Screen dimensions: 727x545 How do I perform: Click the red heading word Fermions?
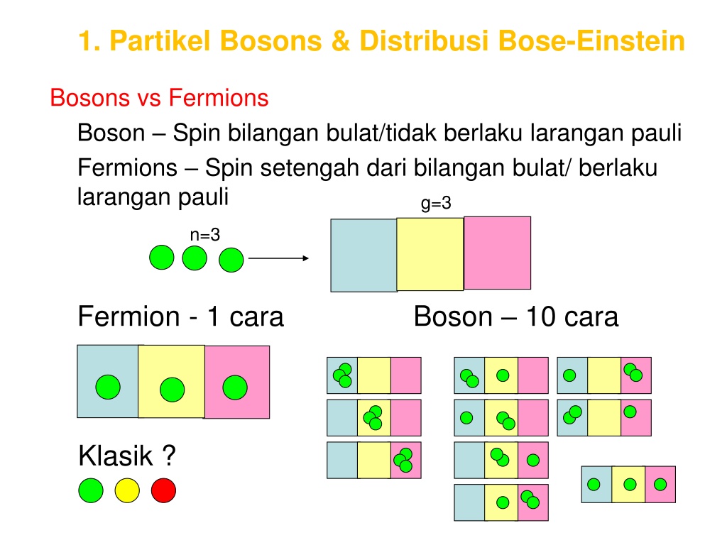click(219, 98)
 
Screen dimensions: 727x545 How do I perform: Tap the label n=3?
click(205, 235)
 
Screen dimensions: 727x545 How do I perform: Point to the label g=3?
click(436, 204)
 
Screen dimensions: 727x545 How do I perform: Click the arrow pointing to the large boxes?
click(278, 258)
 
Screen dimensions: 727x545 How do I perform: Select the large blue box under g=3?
click(363, 255)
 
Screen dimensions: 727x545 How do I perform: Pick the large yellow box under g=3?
click(430, 254)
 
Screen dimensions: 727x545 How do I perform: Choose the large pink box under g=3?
click(498, 253)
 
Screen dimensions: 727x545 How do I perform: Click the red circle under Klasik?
click(164, 490)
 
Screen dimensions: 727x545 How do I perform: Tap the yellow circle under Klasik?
click(127, 490)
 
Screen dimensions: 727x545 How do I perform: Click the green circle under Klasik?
click(91, 490)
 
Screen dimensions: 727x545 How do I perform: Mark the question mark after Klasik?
click(170, 456)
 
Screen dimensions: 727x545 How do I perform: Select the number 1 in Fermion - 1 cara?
click(213, 317)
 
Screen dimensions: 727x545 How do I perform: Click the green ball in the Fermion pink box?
click(235, 387)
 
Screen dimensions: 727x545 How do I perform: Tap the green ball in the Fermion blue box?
click(108, 387)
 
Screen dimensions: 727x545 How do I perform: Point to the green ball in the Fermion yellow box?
click(172, 390)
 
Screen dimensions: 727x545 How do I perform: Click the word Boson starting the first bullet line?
click(111, 133)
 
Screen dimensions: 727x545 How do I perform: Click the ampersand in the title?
click(341, 40)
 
